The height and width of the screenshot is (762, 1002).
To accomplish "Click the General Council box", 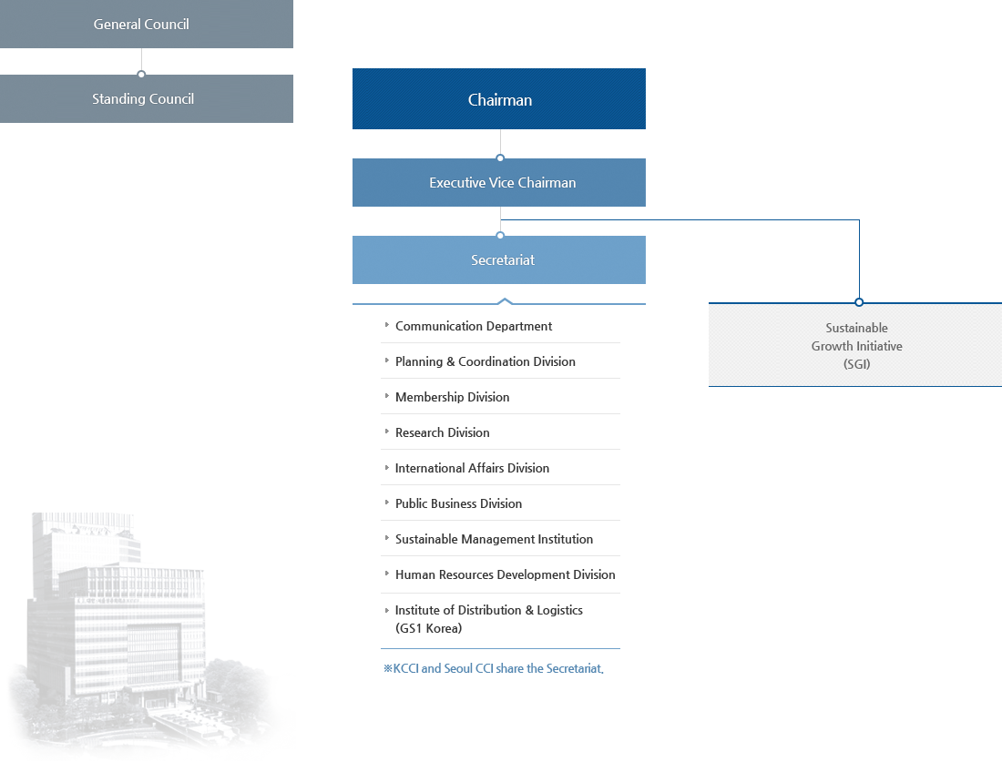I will [x=142, y=24].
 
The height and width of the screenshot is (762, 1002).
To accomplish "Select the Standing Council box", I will [x=143, y=98].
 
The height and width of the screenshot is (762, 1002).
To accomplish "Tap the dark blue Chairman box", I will [x=499, y=99].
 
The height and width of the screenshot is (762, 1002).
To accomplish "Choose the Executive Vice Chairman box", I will [x=499, y=183].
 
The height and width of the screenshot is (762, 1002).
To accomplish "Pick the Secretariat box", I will [x=499, y=260].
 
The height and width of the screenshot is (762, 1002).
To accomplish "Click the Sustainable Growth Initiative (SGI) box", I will [x=856, y=346].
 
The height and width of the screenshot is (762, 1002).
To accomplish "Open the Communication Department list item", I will [x=474, y=326].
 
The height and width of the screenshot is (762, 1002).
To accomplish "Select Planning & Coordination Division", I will [x=485, y=361].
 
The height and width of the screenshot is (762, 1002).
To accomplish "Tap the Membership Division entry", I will [x=452, y=397].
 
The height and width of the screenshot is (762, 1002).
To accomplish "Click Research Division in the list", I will [x=442, y=432].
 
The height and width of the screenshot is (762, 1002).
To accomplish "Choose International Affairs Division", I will [x=472, y=468].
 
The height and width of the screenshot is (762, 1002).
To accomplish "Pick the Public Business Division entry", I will [x=458, y=503].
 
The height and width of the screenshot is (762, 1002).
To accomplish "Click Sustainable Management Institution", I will [x=494, y=539].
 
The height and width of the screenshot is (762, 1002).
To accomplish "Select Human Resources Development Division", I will [x=505, y=574].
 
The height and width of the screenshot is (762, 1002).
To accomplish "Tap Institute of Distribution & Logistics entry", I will [x=488, y=619].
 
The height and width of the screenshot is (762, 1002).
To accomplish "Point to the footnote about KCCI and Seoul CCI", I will [x=493, y=668].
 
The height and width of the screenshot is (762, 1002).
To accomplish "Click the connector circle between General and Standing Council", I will [x=141, y=74].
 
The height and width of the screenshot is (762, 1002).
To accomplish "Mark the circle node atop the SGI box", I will [x=859, y=302].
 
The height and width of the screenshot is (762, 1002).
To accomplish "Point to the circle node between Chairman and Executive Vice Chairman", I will [x=500, y=158].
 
